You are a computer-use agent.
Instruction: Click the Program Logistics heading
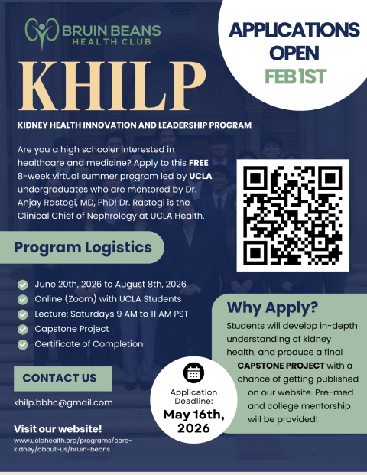point(83,249)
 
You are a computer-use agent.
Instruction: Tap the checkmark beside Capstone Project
point(23,329)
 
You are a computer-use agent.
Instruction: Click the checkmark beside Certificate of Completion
point(23,344)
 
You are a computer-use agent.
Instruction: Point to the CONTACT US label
point(60,378)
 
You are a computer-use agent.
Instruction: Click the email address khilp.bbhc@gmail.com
point(63,402)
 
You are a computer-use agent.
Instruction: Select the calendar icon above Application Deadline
point(194,373)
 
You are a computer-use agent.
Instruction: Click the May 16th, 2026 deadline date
point(194,422)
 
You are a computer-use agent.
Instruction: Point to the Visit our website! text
point(57,428)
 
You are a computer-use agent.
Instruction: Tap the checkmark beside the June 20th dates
point(23,284)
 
